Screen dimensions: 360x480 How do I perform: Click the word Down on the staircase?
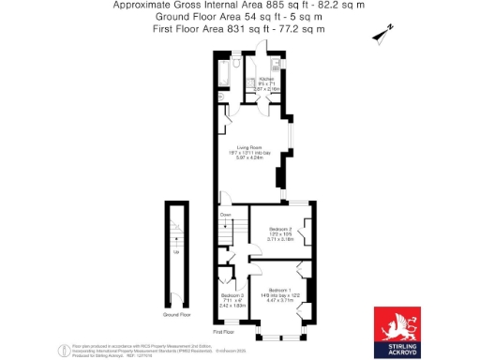226,215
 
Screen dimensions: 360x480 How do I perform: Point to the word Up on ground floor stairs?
176,251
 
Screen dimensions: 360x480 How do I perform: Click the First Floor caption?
223,332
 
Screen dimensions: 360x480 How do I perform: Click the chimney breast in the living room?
280,177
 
